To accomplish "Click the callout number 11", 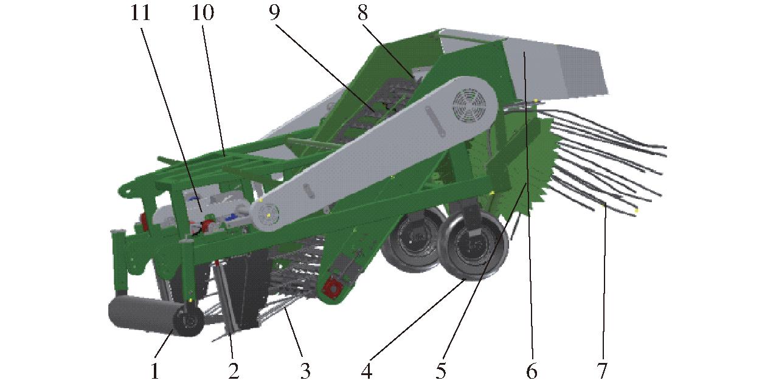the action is pos(140,13).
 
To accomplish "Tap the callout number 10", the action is pos(203,13).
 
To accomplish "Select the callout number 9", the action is pos(274,13).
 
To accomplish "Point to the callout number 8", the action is pos(362,13).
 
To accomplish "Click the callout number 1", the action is pos(155,371).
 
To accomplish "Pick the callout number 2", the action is pos(234,371).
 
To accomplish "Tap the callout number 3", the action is pos(305,371).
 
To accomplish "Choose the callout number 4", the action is pos(367,371).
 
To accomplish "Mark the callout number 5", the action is pos(441,371).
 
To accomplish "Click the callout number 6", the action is pos(532,371).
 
